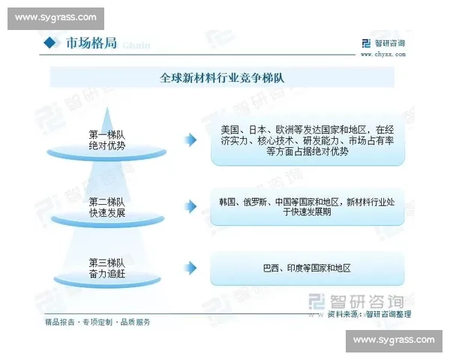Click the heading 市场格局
click(x=91, y=43)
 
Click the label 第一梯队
click(x=106, y=134)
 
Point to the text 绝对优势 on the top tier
click(x=106, y=146)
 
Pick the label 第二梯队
click(x=106, y=201)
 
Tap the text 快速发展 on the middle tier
click(x=106, y=213)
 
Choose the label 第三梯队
click(x=106, y=262)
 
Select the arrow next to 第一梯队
click(x=192, y=139)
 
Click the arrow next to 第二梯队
click(x=192, y=206)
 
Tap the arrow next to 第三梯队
click(x=192, y=268)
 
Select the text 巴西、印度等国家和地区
click(x=307, y=268)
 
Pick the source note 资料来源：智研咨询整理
click(x=375, y=315)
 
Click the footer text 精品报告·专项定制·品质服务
click(x=97, y=322)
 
